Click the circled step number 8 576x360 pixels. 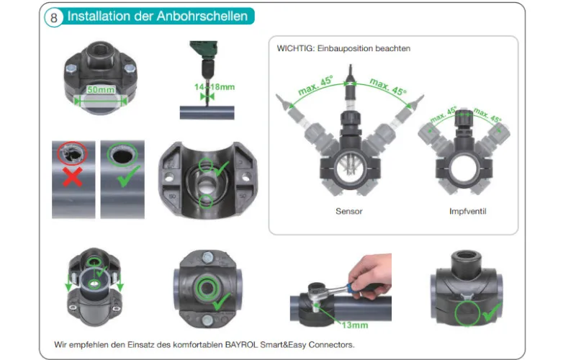pos(55,17)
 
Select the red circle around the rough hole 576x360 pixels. pos(73,155)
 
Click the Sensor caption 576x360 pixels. pos(349,212)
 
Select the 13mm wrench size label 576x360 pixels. pos(355,325)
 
